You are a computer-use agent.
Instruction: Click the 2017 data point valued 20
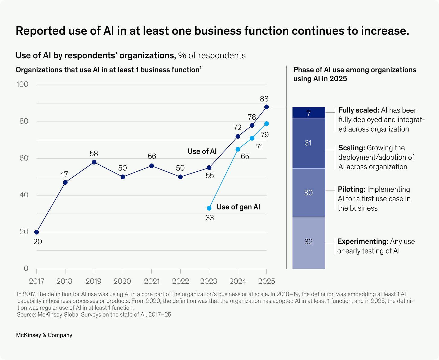coord(36,232)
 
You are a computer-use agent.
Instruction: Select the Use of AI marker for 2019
coord(94,162)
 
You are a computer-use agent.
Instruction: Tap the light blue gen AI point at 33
coord(209,208)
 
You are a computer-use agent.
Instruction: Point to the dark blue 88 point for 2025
coord(267,107)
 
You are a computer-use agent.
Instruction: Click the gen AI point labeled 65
coord(238,149)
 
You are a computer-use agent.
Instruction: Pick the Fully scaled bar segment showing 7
coord(309,113)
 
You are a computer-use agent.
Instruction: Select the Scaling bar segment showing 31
coord(309,143)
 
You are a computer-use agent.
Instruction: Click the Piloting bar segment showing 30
coord(309,193)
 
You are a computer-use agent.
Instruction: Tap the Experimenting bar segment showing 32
coord(309,242)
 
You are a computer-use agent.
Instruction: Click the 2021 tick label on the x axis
coord(152,281)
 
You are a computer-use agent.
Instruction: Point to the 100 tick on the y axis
coord(22,84)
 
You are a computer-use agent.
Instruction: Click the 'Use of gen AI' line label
coord(238,207)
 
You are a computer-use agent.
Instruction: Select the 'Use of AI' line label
coord(202,151)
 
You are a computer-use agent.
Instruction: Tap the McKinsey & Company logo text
coord(44,335)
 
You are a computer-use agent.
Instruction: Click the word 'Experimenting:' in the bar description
coord(363,241)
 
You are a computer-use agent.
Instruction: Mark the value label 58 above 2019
coord(94,154)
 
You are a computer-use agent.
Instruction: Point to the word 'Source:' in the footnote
coord(26,314)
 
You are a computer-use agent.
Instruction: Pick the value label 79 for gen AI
coord(265,135)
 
